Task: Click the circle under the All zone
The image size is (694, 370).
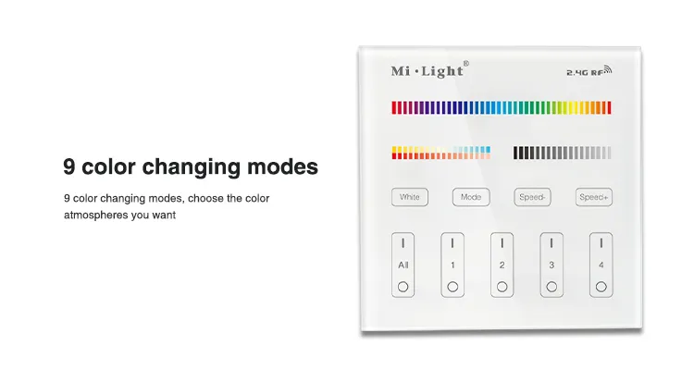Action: point(403,287)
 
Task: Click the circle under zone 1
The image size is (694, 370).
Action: point(452,287)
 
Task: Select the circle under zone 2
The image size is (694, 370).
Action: point(502,287)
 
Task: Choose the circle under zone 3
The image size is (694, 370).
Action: point(551,287)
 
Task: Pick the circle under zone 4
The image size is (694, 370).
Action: point(601,287)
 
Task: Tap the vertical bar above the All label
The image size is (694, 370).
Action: point(403,244)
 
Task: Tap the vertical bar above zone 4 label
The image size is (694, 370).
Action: point(601,244)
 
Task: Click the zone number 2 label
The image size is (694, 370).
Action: point(502,265)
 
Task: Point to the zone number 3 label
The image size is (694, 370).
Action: point(551,265)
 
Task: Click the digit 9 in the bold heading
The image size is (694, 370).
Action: point(69,167)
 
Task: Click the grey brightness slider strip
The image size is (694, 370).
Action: point(563,153)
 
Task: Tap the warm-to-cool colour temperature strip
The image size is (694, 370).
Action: point(441,153)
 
